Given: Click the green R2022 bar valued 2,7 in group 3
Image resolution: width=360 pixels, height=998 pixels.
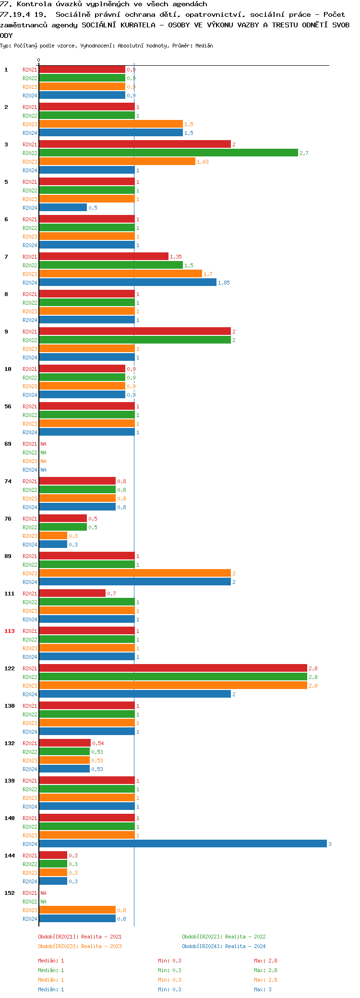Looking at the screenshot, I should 168,153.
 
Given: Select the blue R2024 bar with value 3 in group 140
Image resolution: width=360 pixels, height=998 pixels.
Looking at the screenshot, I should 182,844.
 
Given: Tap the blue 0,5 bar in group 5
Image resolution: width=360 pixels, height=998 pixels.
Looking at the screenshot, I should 63,207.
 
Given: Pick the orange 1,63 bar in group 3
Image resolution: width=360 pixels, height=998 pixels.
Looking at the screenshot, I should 117,161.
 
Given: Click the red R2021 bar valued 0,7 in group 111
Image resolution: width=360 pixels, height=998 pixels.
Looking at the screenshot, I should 72,593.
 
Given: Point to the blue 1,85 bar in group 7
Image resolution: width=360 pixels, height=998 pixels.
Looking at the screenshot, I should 128,282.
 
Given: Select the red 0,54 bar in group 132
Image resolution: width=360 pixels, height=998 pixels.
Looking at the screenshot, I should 65,743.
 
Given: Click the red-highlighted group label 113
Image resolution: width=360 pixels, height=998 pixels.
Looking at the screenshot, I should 10,631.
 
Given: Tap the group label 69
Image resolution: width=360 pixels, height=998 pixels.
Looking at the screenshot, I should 8,444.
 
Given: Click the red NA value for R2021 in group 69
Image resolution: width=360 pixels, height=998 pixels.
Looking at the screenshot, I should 43,444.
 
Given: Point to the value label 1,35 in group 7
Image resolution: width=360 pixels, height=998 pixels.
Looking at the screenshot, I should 176,257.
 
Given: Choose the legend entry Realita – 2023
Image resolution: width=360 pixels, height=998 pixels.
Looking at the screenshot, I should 80,946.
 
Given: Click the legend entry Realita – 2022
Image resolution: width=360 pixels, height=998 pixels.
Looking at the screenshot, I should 224,937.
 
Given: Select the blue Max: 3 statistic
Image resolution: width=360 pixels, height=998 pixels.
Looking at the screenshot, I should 263,989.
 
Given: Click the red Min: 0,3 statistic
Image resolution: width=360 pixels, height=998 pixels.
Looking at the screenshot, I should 169,961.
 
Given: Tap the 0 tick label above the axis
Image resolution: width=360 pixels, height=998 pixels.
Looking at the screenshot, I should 39,60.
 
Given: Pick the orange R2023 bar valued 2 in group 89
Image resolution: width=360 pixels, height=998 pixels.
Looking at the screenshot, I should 134,573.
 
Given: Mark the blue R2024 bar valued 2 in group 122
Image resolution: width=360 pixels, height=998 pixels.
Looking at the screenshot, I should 134,694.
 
